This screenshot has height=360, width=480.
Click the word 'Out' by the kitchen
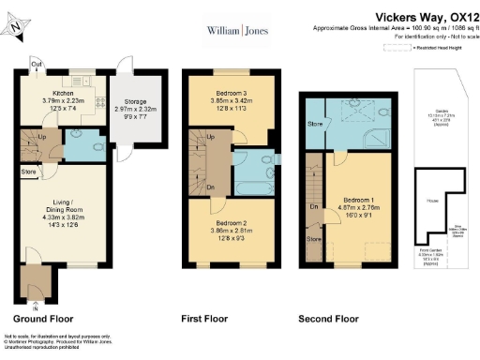[36, 65]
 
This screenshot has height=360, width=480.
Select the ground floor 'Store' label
[29, 172]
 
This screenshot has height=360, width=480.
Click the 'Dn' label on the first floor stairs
[211, 187]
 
